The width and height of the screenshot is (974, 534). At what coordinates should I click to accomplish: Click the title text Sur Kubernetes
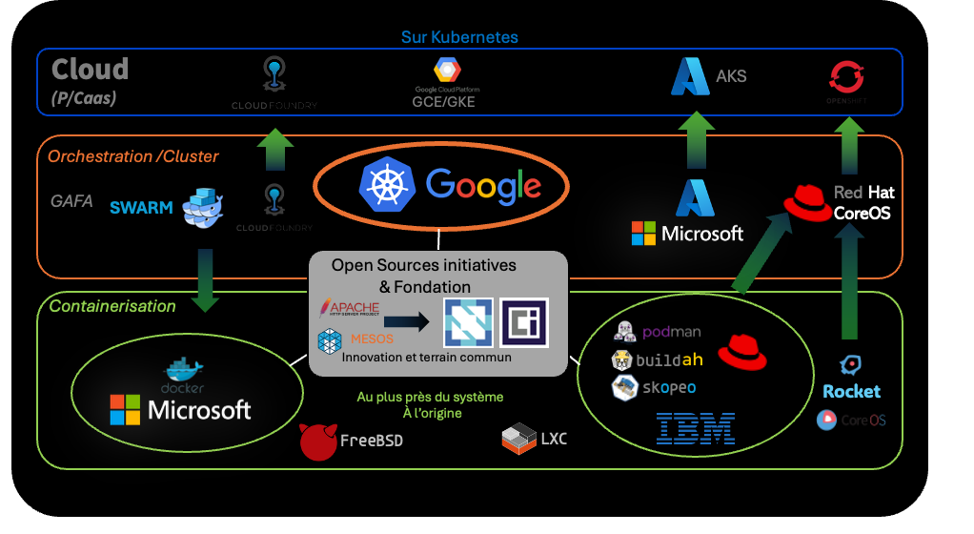pyautogui.click(x=459, y=37)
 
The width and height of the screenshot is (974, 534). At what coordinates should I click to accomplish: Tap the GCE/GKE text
pyautogui.click(x=443, y=101)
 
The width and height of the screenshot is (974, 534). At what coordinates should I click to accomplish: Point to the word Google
pyautogui.click(x=483, y=185)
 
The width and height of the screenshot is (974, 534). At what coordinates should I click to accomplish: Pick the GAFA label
pyautogui.click(x=71, y=201)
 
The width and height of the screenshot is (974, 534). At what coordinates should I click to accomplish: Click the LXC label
pyautogui.click(x=553, y=440)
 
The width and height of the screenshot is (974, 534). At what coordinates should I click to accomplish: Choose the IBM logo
pyautogui.click(x=696, y=428)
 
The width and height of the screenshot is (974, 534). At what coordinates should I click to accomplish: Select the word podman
pyautogui.click(x=672, y=332)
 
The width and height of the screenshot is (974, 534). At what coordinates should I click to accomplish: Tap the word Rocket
pyautogui.click(x=851, y=391)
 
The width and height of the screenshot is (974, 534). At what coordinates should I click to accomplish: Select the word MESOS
pyautogui.click(x=371, y=338)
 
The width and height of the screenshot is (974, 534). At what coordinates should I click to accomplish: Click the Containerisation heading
pyautogui.click(x=112, y=306)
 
